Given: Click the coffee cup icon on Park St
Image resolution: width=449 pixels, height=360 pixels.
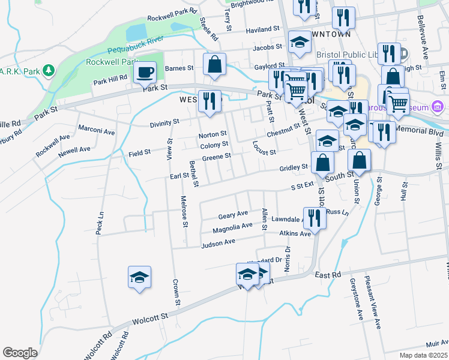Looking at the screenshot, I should tap(144, 73).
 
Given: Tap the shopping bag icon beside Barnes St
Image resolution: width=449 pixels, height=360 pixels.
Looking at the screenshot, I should tap(214, 64).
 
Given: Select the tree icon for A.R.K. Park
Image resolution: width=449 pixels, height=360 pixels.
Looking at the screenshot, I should tap(49, 71).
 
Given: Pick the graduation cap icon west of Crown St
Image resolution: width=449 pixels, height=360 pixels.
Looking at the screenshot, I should tap(139, 277).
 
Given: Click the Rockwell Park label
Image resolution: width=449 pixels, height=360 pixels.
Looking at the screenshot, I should tap(109, 61).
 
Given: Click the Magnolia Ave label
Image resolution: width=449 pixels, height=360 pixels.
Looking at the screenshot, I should tap(233, 227).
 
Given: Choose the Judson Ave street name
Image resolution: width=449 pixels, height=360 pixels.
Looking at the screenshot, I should tap(218, 244).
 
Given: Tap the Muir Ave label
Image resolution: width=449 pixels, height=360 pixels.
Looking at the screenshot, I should tap(436, 344).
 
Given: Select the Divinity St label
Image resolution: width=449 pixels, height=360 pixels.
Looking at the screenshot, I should tap(164, 122).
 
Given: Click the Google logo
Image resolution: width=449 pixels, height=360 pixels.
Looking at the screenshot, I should tap(20, 353).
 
